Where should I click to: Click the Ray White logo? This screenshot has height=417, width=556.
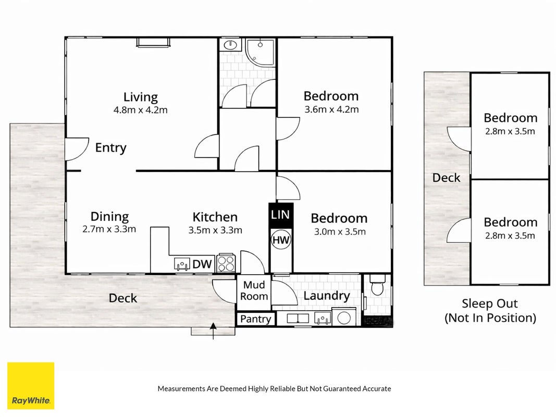[31, 386]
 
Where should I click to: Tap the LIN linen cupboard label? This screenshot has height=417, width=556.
[280, 215]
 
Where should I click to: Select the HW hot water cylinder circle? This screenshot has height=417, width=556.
[281, 240]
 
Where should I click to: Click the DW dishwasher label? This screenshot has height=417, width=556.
[202, 264]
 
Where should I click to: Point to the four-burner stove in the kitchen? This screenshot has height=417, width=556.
[226, 263]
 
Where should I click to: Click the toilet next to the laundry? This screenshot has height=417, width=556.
[377, 285]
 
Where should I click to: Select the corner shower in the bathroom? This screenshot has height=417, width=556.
[260, 53]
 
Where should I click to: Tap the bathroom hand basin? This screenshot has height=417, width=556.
[230, 45]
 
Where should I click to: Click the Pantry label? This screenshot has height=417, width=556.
[255, 319]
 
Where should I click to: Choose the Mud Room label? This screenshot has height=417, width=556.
[254, 290]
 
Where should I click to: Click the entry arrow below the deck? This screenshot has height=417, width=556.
[213, 331]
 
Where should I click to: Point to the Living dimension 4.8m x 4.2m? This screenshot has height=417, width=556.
[140, 110]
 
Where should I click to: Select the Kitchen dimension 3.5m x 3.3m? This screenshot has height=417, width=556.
[215, 230]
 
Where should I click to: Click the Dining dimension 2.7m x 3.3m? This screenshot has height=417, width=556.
[109, 229]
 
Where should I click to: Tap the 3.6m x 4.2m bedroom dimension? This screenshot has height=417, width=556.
[331, 109]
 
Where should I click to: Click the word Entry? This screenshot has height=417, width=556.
[110, 148]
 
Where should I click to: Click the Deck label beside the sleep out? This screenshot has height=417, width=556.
[446, 178]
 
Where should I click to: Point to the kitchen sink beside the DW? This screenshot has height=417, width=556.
[182, 264]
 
